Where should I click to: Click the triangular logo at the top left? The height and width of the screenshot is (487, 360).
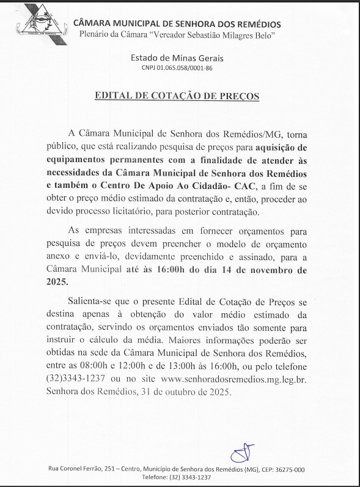tap(37, 23)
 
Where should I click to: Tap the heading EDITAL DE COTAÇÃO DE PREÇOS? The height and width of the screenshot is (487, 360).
tap(177, 96)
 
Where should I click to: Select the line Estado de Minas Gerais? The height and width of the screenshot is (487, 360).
tap(177, 59)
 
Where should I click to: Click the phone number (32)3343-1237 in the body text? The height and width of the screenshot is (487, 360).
tap(85, 379)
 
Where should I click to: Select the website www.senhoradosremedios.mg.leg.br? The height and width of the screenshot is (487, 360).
tap(237, 379)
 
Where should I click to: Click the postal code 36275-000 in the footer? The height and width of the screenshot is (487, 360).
tap(285, 469)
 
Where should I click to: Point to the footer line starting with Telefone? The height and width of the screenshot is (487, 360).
tap(177, 477)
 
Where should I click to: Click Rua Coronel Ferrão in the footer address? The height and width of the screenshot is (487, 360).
tap(75, 469)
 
